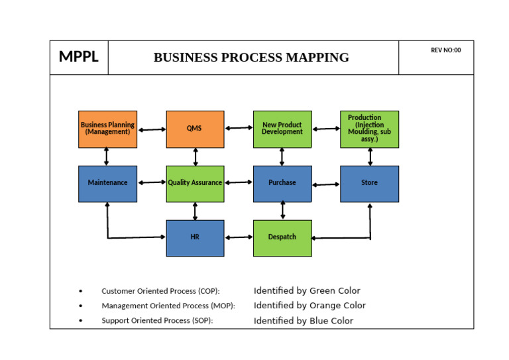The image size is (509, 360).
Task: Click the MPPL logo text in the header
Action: pyautogui.click(x=78, y=57)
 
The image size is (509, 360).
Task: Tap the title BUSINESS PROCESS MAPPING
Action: pyautogui.click(x=251, y=58)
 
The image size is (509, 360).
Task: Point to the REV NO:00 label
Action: pyautogui.click(x=445, y=50)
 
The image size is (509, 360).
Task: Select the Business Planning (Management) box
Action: pyautogui.click(x=107, y=129)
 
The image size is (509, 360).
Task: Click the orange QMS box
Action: pyautogui.click(x=194, y=129)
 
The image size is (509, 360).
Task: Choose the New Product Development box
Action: pyautogui.click(x=282, y=129)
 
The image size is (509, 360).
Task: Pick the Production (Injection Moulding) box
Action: pyautogui.click(x=369, y=129)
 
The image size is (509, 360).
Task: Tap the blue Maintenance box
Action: pyautogui.click(x=107, y=183)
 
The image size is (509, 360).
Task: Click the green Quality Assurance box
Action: pyautogui.click(x=194, y=183)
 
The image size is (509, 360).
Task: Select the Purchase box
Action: pyautogui.click(x=282, y=183)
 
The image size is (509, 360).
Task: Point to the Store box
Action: pyautogui.click(x=369, y=183)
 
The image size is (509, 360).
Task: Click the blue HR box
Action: pyautogui.click(x=194, y=237)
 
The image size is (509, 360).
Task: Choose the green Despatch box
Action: pyautogui.click(x=282, y=237)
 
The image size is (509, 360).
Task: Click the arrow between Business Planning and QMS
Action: pyautogui.click(x=151, y=129)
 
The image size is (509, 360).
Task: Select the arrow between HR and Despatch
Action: pyautogui.click(x=239, y=237)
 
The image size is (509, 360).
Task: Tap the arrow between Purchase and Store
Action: pyautogui.click(x=326, y=184)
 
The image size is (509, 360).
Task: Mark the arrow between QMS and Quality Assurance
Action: pyautogui.click(x=195, y=156)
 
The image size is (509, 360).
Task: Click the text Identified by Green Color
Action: pyautogui.click(x=307, y=291)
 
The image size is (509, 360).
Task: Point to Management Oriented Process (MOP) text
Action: pyautogui.click(x=168, y=306)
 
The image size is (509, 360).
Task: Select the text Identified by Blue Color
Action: pyautogui.click(x=304, y=321)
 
